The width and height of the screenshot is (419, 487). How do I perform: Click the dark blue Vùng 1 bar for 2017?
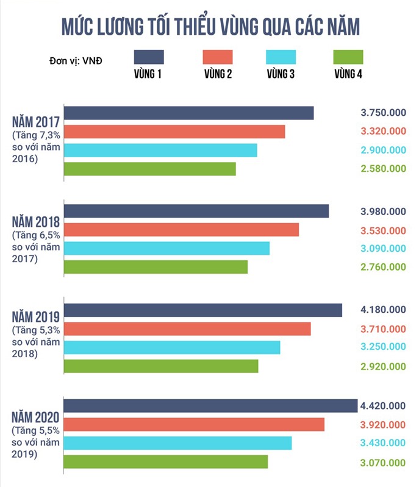click(189, 113)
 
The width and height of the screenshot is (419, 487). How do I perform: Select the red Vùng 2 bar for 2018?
click(182, 230)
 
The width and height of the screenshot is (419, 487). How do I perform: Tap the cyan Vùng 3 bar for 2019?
click(172, 347)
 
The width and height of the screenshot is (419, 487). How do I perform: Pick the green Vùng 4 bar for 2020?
click(166, 462)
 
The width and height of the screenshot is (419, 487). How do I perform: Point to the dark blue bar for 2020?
click(210, 406)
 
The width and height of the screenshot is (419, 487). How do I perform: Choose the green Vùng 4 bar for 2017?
click(150, 169)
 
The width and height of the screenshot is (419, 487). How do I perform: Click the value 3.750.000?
click(383, 113)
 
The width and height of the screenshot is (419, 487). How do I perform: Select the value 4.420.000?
click(383, 406)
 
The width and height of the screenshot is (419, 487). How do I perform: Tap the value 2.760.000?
click(383, 267)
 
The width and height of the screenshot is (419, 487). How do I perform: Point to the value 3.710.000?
click(383, 329)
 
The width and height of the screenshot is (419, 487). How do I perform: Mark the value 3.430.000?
click(383, 444)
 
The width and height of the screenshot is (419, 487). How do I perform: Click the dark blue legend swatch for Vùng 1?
click(148, 57)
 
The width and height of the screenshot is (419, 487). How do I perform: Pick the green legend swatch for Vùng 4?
click(349, 57)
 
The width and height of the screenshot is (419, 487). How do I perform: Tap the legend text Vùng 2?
click(218, 75)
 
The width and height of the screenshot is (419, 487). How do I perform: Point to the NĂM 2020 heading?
click(35, 418)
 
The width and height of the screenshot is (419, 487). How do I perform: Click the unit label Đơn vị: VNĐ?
click(76, 61)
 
